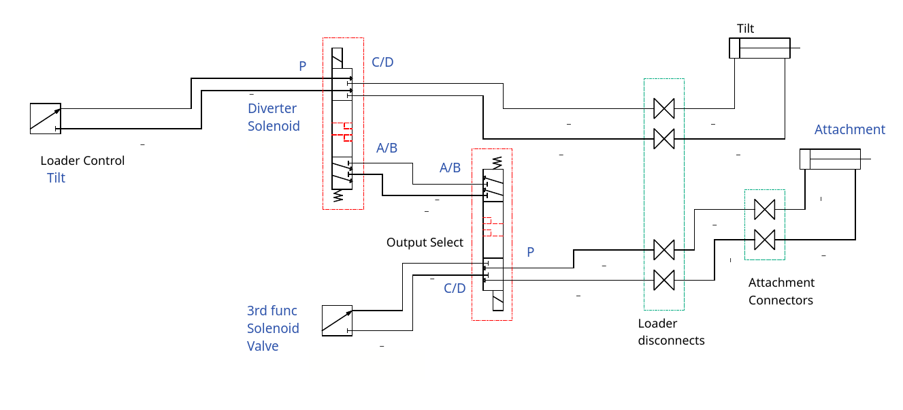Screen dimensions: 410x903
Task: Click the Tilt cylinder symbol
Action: click(759, 48)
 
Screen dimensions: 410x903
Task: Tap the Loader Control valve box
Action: click(46, 119)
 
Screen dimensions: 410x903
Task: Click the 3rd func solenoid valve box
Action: click(337, 321)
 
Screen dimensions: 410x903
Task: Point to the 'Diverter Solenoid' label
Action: click(274, 117)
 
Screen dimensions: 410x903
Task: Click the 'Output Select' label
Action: click(425, 242)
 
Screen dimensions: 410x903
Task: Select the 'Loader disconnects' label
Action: click(671, 332)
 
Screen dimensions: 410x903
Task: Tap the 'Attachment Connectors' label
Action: click(781, 291)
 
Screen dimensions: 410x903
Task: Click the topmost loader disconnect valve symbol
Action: click(663, 108)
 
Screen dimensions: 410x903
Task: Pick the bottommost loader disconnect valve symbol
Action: click(663, 280)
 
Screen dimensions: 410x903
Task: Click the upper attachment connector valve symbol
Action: click(765, 209)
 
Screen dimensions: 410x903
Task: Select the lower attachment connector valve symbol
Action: click(765, 240)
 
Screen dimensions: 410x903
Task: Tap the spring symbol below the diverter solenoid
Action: click(338, 197)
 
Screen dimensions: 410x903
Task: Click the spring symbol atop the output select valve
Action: click(495, 161)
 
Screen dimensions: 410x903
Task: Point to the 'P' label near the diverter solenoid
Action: click(303, 66)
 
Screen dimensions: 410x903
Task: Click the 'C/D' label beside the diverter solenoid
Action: click(382, 63)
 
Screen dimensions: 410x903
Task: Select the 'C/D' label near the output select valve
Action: click(455, 288)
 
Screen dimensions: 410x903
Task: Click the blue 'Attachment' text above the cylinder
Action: click(850, 129)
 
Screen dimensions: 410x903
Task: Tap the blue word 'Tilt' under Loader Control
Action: click(56, 178)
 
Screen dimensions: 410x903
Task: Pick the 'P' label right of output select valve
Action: click(531, 252)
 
